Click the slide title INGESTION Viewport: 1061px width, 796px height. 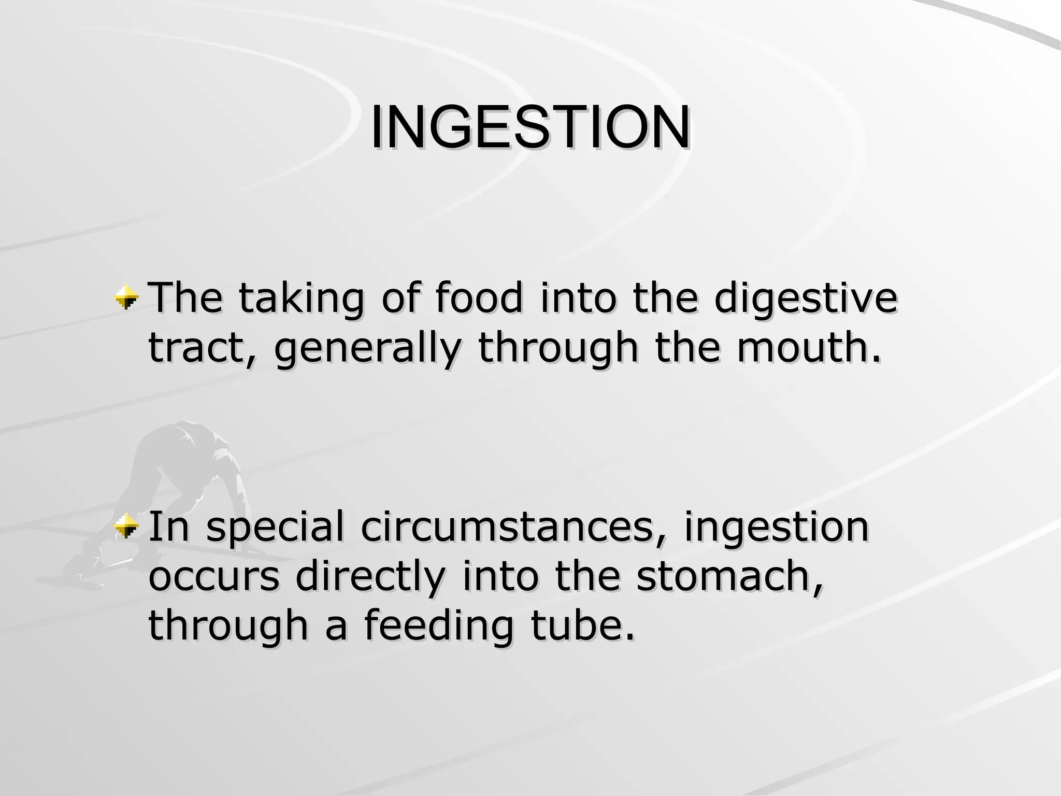click(x=529, y=127)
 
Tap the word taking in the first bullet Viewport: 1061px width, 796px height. click(x=301, y=300)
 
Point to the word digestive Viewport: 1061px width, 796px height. click(x=806, y=300)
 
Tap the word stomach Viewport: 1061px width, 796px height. click(x=729, y=576)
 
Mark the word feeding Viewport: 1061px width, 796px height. click(x=438, y=626)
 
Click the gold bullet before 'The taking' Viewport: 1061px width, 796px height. click(x=127, y=298)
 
